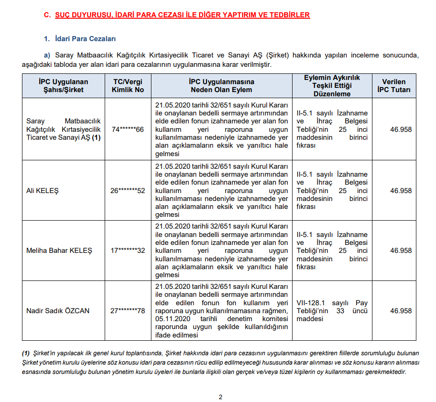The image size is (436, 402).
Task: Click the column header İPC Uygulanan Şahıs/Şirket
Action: (64, 86)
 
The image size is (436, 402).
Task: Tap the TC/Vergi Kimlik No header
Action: (128, 86)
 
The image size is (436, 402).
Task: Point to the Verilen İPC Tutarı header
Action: (394, 86)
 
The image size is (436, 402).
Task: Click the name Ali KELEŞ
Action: (43, 191)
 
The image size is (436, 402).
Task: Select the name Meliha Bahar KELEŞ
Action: (59, 251)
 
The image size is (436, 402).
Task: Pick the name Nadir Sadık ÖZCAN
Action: (58, 311)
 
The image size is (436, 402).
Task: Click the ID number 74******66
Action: (128, 129)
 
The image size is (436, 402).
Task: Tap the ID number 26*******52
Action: (128, 191)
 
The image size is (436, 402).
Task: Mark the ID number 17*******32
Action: (128, 251)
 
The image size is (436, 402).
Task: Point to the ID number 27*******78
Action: (128, 311)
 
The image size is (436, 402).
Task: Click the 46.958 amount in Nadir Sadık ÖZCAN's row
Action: (401, 311)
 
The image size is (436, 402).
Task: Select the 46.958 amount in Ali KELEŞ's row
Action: (401, 191)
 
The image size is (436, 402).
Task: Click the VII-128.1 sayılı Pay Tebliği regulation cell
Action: (332, 311)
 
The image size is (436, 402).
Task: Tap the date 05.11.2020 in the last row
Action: (173, 319)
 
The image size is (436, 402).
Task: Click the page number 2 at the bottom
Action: (221, 397)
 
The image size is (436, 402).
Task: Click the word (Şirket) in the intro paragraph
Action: (279, 55)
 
